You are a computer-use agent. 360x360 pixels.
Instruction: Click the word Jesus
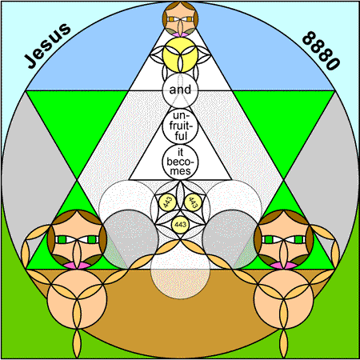(47, 46)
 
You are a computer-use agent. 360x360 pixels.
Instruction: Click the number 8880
(321, 50)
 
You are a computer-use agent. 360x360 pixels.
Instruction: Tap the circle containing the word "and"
(180, 90)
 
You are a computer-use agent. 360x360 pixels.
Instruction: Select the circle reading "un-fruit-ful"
(180, 126)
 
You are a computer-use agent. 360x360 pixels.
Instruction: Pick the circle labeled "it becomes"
(180, 162)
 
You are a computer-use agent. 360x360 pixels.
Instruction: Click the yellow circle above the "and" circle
(180, 55)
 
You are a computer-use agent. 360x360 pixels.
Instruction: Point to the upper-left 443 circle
(168, 202)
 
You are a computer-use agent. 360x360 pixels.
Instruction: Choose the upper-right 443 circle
(193, 202)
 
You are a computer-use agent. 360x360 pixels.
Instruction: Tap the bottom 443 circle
(180, 224)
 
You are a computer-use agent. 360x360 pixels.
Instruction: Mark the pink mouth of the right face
(283, 266)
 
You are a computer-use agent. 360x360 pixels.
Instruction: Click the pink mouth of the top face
(180, 34)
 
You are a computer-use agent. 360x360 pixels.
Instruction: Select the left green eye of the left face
(62, 239)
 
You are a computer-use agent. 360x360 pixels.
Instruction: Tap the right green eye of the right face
(298, 239)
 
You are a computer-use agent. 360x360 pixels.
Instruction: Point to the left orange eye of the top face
(171, 19)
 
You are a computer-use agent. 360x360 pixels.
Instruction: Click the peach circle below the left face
(77, 299)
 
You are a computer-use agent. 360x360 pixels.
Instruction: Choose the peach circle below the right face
(283, 299)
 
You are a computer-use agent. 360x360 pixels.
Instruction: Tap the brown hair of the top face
(180, 7)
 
